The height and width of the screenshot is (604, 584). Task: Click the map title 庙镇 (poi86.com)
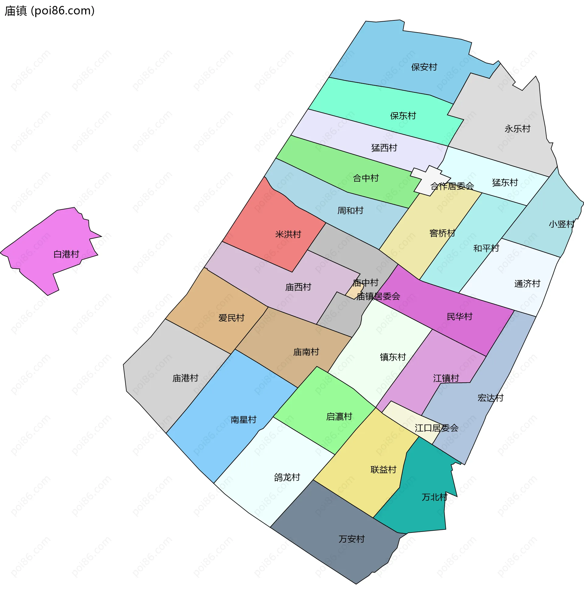[49, 11]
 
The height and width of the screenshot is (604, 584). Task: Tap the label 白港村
[66, 254]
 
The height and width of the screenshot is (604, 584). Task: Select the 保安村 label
[424, 67]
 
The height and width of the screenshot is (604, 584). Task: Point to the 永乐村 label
[517, 129]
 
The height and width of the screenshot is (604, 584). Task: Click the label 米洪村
[288, 234]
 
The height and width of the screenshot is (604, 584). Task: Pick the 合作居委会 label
[452, 186]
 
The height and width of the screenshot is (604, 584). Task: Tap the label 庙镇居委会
[378, 297]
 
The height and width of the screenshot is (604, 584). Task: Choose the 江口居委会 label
[436, 428]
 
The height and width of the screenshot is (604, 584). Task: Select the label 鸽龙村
[287, 477]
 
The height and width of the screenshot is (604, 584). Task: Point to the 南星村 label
[243, 420]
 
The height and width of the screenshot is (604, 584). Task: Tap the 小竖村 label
[561, 224]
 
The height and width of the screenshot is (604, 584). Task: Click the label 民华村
[460, 317]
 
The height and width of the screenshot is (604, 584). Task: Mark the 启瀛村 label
[339, 417]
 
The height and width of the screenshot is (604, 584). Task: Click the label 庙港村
[185, 378]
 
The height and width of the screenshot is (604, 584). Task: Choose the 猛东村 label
[505, 183]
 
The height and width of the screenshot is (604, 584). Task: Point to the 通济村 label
[527, 283]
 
